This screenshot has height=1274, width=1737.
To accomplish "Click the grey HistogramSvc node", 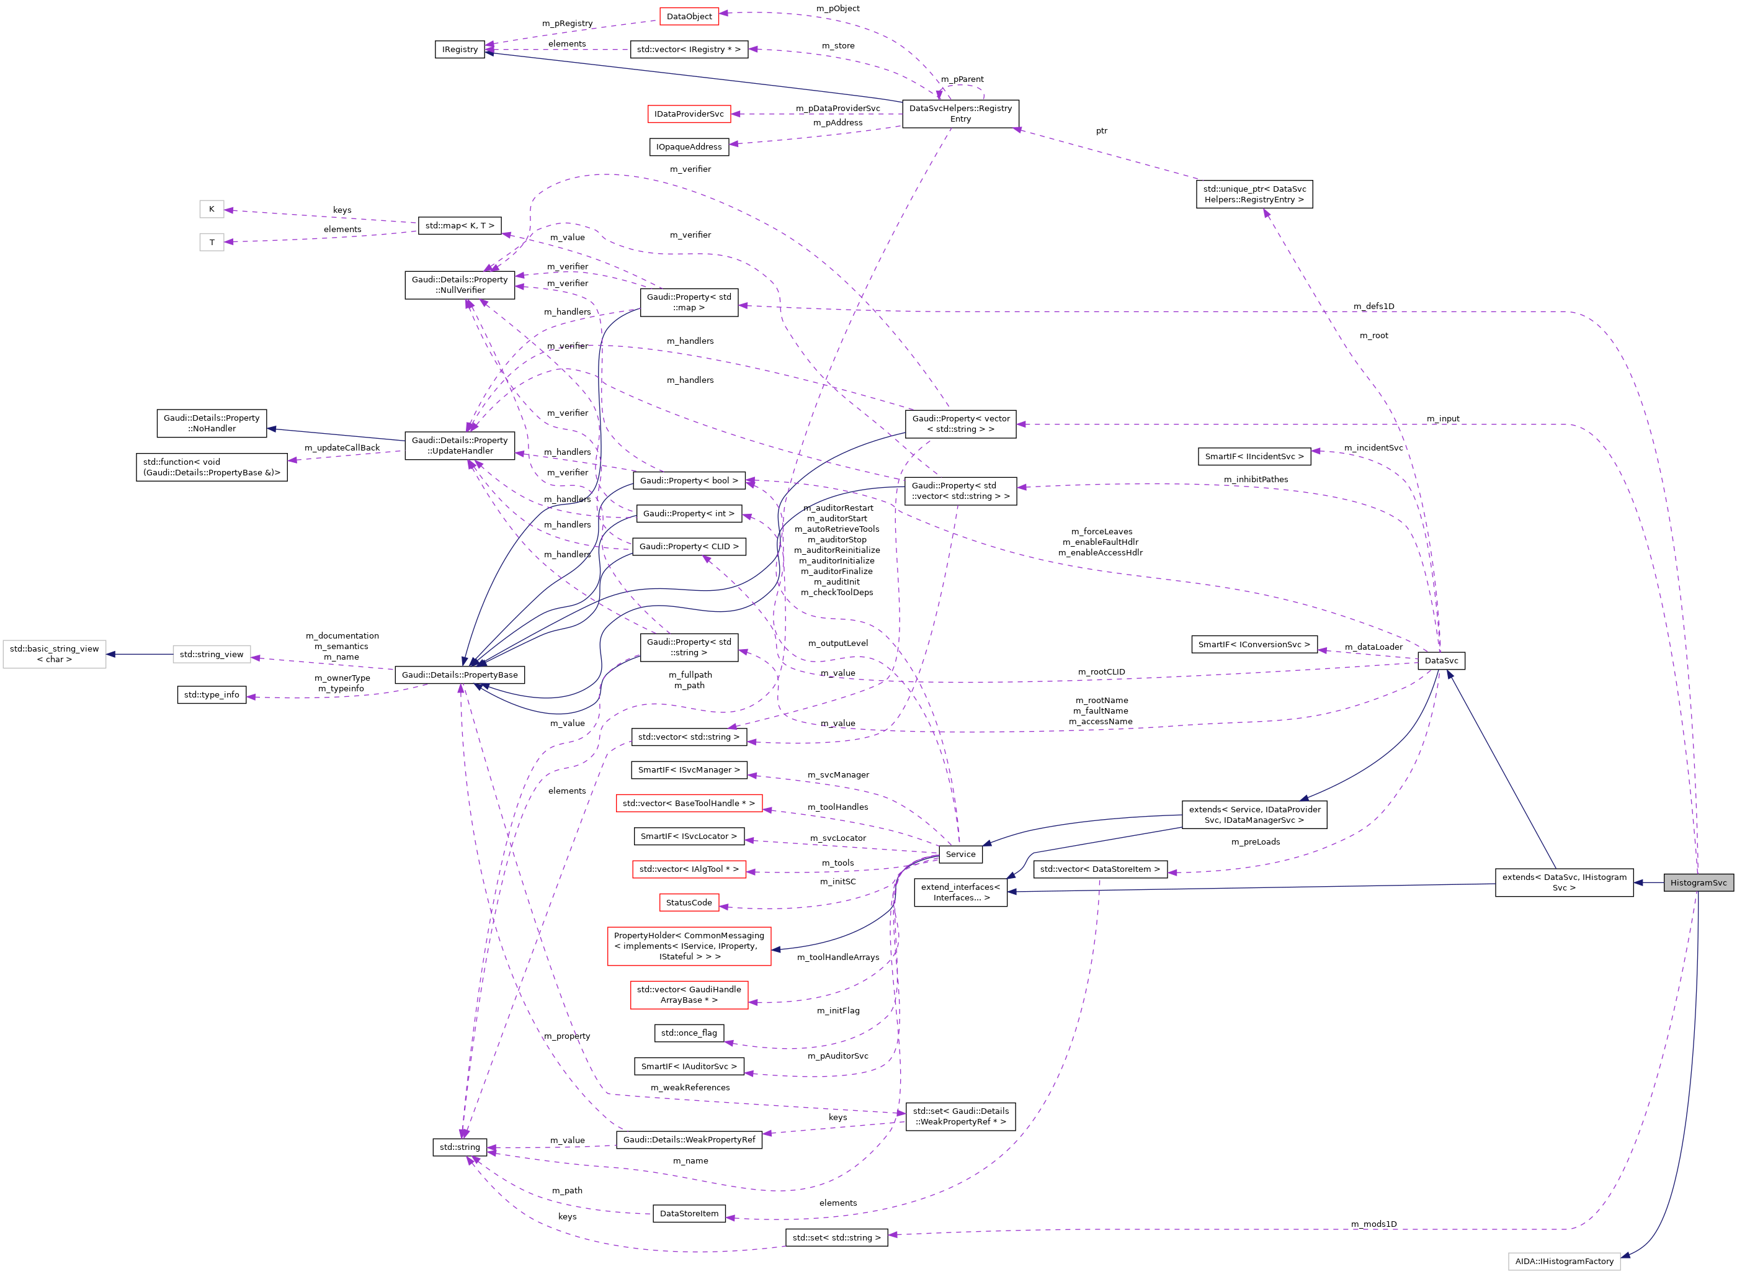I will tap(1698, 882).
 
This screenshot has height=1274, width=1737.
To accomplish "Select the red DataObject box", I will tap(689, 16).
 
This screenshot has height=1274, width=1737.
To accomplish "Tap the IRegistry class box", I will tap(460, 50).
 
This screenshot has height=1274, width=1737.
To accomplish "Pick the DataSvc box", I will tap(1440, 660).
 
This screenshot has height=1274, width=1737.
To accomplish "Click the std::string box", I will tap(460, 1147).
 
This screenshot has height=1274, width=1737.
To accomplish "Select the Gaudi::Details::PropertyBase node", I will tap(460, 675).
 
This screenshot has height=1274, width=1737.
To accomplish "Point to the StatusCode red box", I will tap(689, 902).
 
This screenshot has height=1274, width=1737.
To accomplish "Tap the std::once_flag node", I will tap(689, 1033).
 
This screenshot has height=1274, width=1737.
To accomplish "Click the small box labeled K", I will tap(212, 209).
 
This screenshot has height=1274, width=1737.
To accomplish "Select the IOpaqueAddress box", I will tap(689, 146).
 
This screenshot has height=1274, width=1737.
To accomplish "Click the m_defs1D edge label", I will tap(1373, 306).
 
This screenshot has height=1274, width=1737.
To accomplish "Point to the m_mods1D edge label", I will tap(1373, 1224).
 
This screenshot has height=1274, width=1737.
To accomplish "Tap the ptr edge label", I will tap(1101, 131).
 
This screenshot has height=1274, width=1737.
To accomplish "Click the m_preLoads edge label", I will tap(1255, 841).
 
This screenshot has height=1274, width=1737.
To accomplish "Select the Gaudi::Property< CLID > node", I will tap(689, 546).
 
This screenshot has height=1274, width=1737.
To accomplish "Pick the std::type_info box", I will tap(212, 695).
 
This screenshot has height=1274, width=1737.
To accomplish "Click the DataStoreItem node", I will tap(689, 1213).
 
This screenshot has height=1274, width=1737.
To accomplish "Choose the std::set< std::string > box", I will tap(836, 1237).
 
